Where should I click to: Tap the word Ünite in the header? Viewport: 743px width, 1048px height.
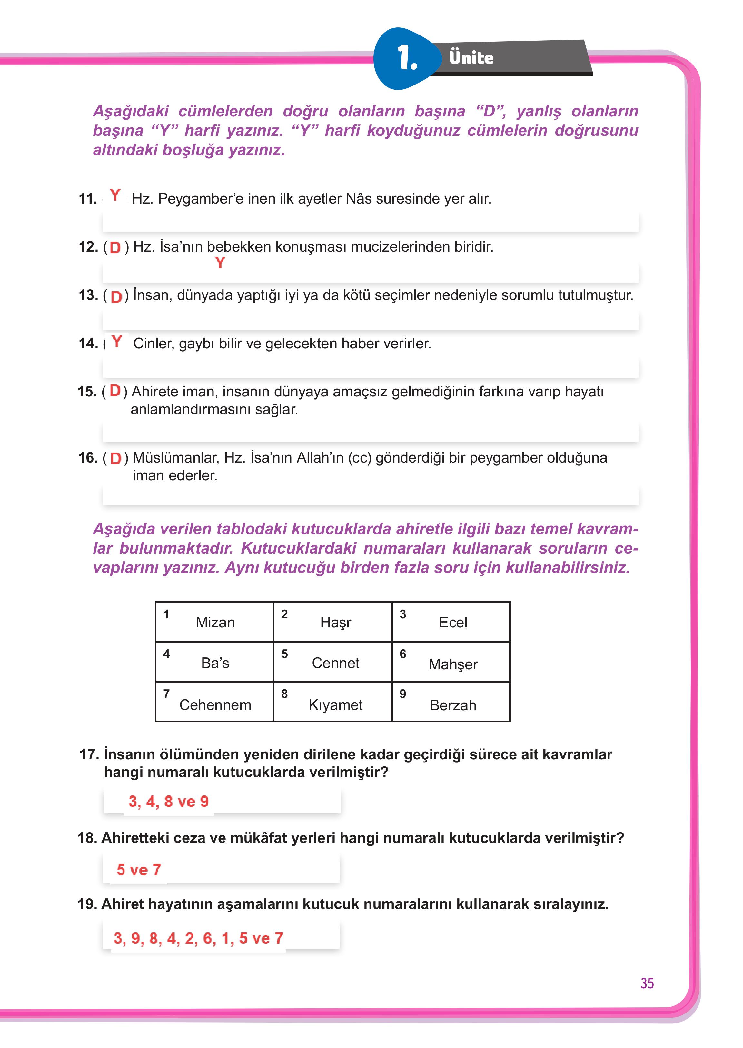(471, 58)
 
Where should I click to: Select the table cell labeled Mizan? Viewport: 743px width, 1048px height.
(214, 622)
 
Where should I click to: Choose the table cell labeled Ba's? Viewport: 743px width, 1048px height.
(214, 662)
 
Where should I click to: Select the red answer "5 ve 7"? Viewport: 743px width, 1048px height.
(139, 870)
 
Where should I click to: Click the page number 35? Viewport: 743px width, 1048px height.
(647, 983)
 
